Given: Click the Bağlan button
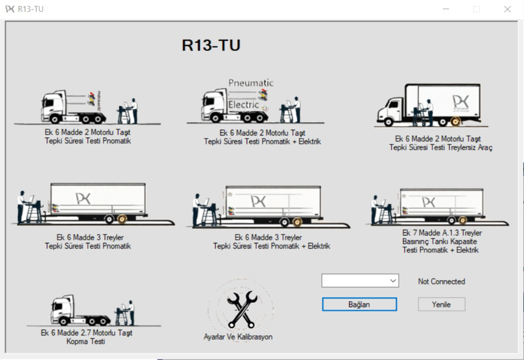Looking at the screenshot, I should (x=359, y=304).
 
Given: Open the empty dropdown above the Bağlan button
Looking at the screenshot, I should (x=360, y=281).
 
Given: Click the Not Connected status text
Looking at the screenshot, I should (x=441, y=281).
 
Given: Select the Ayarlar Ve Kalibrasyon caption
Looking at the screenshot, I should (x=238, y=337).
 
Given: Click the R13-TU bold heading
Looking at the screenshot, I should (x=211, y=45).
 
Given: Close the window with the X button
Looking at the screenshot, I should (x=507, y=9).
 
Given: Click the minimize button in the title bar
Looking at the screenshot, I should (x=446, y=9).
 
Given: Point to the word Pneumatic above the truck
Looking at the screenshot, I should (x=251, y=83).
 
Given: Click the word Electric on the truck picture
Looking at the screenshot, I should (x=243, y=105).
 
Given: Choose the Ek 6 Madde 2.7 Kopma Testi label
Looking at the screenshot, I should (x=86, y=337).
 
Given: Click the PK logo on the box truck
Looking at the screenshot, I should (x=461, y=102).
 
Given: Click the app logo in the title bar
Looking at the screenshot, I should (x=10, y=9).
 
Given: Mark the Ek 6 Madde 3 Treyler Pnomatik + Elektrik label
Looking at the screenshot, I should (x=271, y=242).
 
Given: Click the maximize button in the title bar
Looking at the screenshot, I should (x=477, y=9).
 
